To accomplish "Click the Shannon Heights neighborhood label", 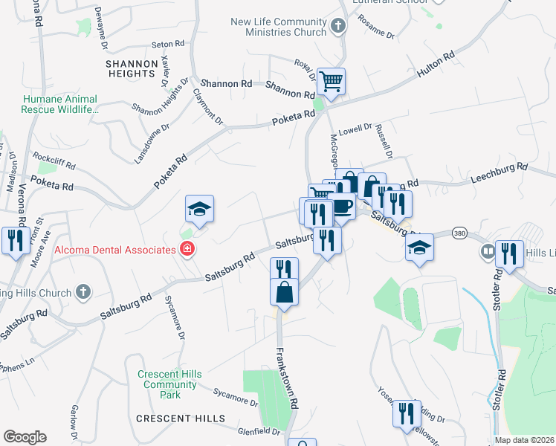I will (130, 68).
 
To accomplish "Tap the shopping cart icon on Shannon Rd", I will (331, 81).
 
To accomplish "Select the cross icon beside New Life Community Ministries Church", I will (338, 28).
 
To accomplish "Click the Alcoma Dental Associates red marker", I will (187, 250).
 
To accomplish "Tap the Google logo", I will (25, 437).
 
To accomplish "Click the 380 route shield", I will (459, 233).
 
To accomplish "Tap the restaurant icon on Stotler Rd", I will (509, 253).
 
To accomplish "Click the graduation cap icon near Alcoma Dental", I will (199, 209).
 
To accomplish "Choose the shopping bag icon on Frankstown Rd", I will (285, 292).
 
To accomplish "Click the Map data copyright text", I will (525, 440).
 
